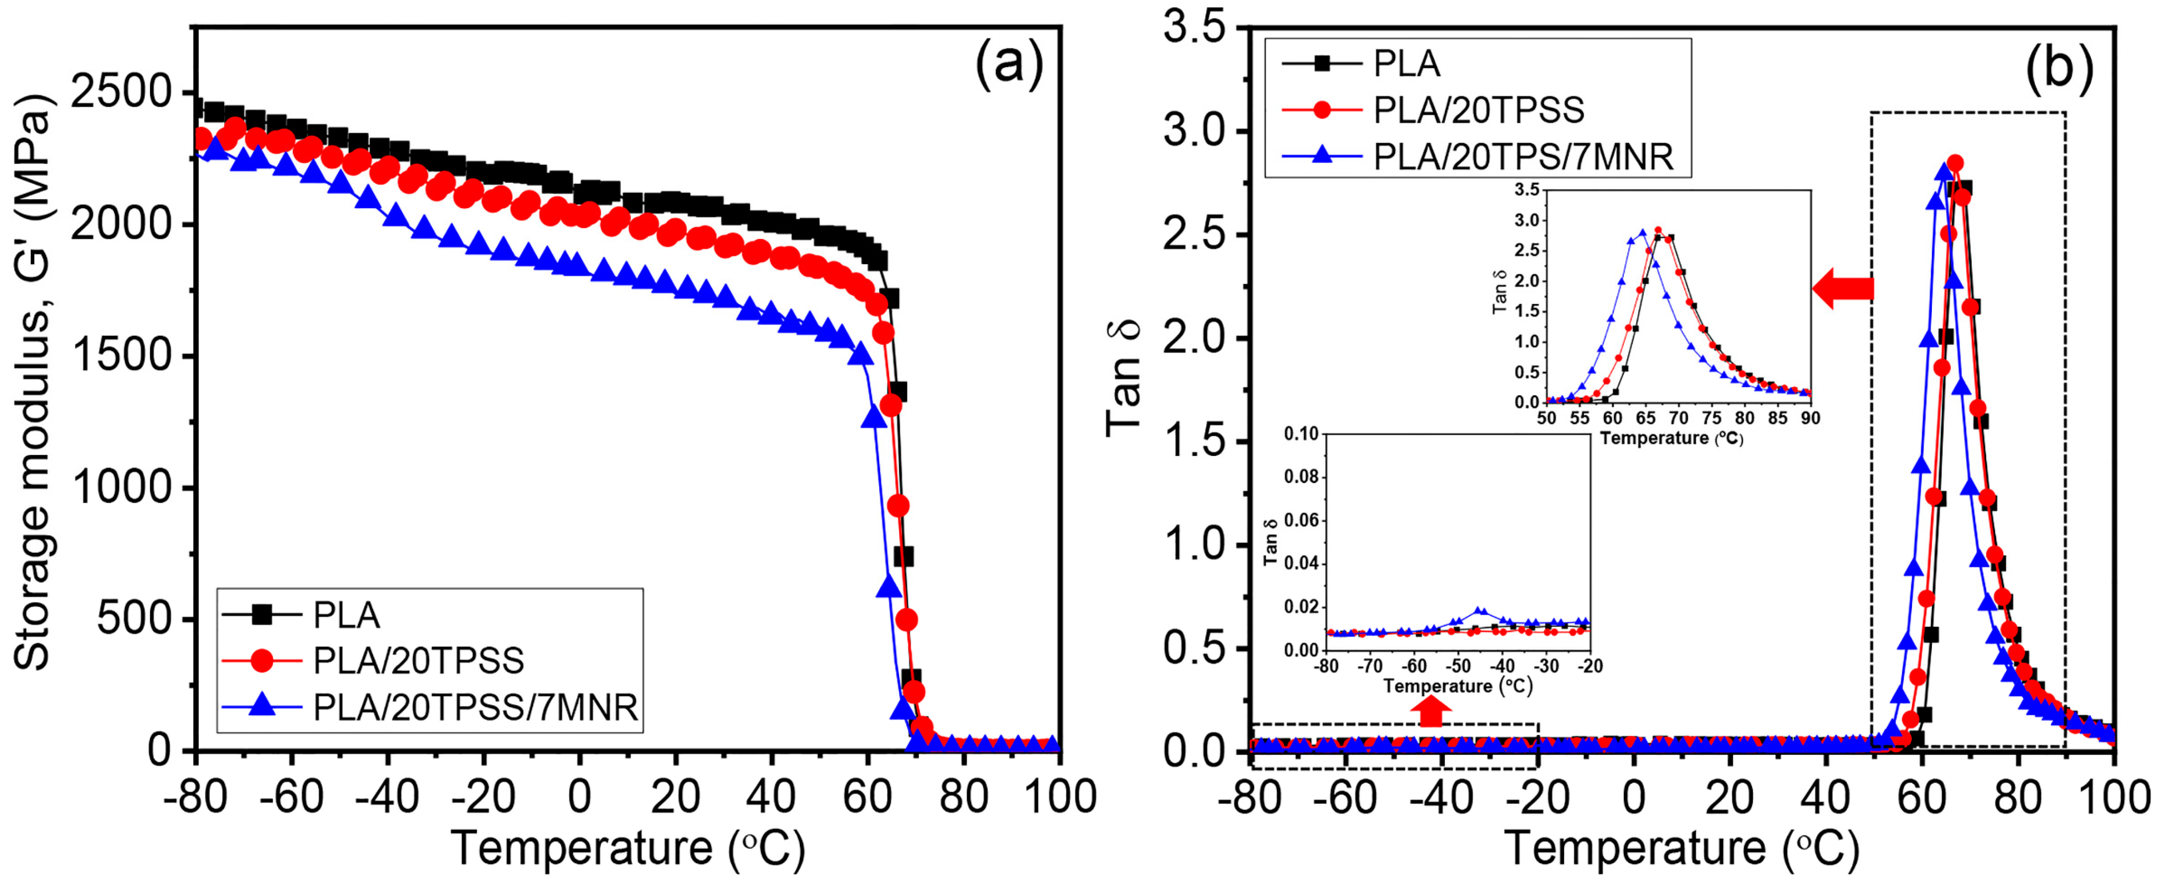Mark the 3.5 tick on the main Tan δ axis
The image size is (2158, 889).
pyautogui.click(x=1197, y=28)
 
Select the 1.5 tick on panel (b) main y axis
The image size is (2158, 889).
pyautogui.click(x=1197, y=441)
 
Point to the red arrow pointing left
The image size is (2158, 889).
pyautogui.click(x=1843, y=289)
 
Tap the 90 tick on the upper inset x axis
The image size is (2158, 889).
pyautogui.click(x=1810, y=418)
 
